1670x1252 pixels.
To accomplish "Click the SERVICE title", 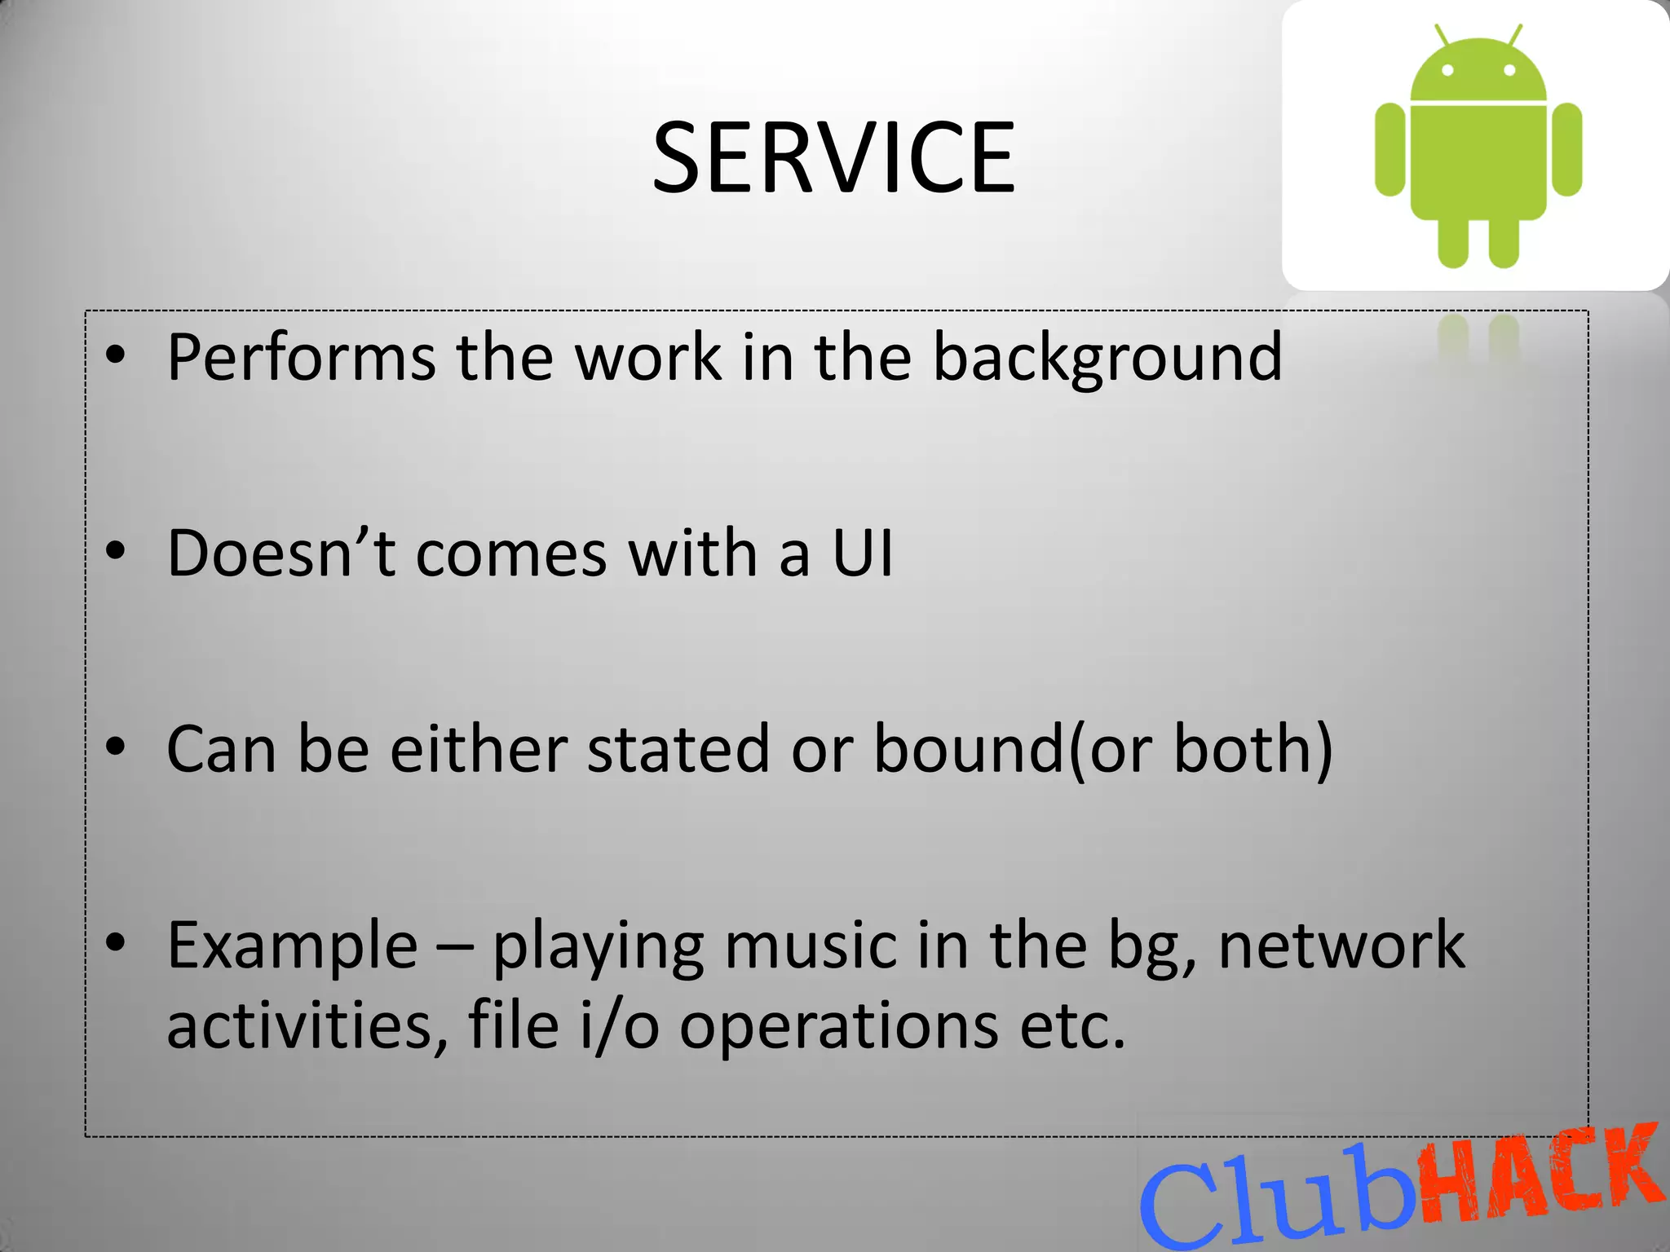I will [833, 157].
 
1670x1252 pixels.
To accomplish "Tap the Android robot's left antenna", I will [1442, 35].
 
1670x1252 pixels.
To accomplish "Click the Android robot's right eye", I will [1509, 70].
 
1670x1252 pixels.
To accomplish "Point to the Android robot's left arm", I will [1389, 149].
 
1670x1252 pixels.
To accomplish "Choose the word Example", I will [292, 946].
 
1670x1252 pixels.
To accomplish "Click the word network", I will [1341, 946].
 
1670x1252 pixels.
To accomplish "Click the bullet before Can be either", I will [116, 746].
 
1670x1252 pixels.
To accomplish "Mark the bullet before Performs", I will [116, 355].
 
